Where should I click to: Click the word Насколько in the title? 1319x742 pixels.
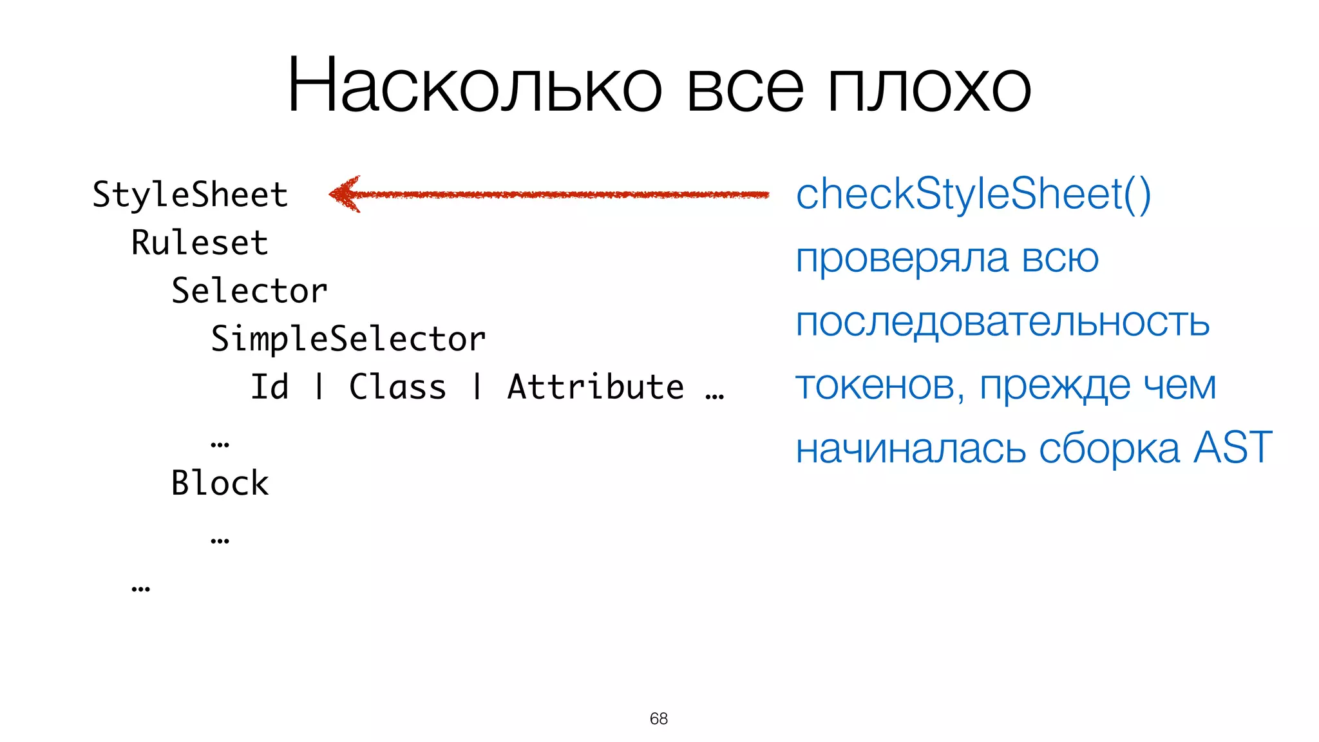[x=475, y=85]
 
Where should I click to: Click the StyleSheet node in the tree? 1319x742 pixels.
[x=190, y=195]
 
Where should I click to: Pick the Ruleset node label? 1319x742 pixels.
[x=200, y=243]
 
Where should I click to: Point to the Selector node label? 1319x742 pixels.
[x=249, y=290]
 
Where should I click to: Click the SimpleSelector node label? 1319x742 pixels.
[x=348, y=339]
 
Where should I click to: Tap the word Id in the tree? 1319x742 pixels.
[x=269, y=387]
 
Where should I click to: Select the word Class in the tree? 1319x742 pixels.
[x=397, y=387]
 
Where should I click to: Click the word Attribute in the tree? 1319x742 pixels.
[x=596, y=387]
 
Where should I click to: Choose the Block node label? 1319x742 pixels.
[x=220, y=483]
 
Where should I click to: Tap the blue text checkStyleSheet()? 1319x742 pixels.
[x=973, y=194]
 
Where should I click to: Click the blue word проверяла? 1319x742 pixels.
[x=902, y=259]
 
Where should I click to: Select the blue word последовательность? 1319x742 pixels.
[x=1003, y=321]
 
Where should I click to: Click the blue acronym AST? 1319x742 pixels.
[x=1233, y=447]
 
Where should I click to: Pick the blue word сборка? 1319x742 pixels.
[x=1109, y=448]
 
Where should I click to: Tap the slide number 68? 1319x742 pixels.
[x=659, y=718]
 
